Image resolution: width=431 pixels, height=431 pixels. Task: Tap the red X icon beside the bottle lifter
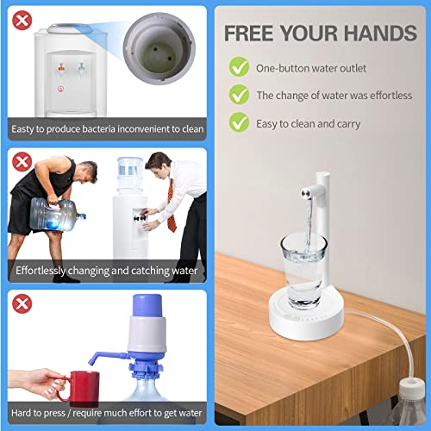(20, 160)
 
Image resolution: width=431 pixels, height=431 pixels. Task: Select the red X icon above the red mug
(20, 303)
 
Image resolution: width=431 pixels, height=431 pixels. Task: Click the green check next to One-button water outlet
(238, 66)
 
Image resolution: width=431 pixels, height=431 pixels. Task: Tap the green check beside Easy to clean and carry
(238, 123)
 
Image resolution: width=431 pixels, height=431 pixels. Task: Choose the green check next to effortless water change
(238, 95)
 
